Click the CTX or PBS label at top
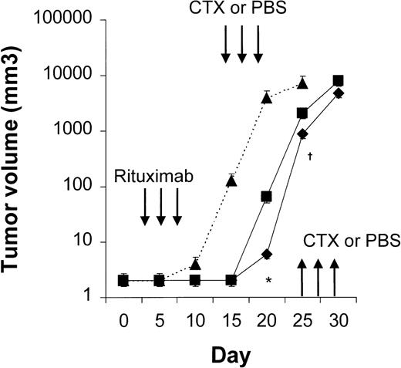(x=241, y=10)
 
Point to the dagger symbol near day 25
(x=309, y=157)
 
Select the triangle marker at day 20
(x=267, y=97)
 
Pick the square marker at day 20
(x=267, y=197)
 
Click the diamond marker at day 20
(x=267, y=254)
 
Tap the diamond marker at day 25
(x=302, y=133)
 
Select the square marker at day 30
(x=338, y=81)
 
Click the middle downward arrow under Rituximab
(x=160, y=208)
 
